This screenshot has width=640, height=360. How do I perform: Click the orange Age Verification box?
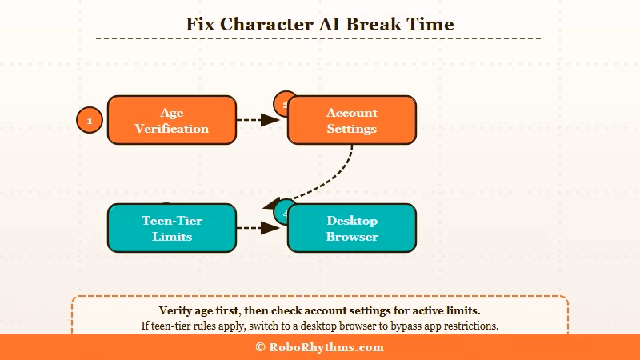[171, 120]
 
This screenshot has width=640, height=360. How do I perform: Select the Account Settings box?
[351, 120]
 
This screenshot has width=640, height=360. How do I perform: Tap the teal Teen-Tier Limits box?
[171, 228]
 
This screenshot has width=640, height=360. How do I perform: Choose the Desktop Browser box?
[351, 228]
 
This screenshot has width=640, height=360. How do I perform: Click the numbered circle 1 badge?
[90, 121]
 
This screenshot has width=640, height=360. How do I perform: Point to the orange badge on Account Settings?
[282, 102]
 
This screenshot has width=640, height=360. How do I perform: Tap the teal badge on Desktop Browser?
[282, 214]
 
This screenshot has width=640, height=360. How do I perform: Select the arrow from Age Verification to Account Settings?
[259, 120]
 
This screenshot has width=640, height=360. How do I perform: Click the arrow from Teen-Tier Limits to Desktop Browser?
[259, 228]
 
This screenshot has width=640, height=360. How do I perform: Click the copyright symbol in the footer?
[260, 347]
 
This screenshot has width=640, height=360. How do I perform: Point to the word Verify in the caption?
[176, 310]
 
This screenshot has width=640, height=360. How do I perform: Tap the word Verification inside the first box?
[171, 129]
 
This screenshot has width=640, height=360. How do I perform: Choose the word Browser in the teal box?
[351, 237]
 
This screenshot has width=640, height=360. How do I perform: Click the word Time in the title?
[433, 24]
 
